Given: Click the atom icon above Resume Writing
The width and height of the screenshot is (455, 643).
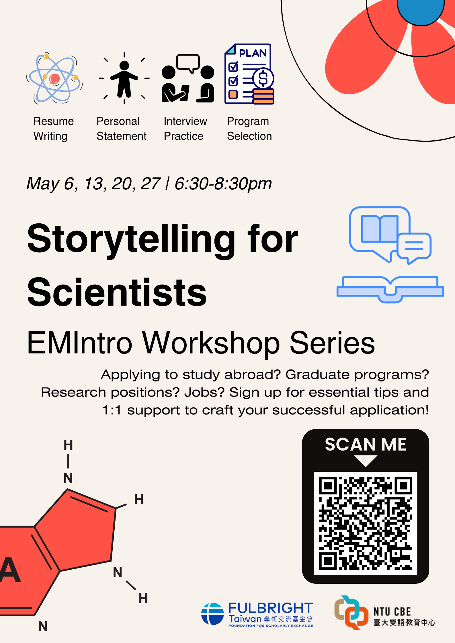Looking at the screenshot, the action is [54, 78].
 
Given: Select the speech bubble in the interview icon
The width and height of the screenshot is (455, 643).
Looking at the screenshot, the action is [188, 63].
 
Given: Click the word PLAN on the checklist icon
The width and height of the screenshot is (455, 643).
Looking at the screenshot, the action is [253, 53].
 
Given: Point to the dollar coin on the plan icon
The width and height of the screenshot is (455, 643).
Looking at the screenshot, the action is [263, 78].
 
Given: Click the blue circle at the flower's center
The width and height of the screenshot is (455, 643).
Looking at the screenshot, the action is [421, 10].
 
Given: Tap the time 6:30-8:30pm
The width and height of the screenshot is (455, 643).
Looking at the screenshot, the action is [223, 184].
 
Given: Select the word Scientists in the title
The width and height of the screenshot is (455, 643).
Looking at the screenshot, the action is [117, 292].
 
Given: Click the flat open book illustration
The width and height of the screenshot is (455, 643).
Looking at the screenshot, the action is [390, 289].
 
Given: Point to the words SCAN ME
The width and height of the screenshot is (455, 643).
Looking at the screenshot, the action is [366, 445].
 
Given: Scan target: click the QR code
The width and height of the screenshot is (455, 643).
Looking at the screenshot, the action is [366, 523].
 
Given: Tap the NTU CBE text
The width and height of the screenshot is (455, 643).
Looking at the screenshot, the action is [392, 612].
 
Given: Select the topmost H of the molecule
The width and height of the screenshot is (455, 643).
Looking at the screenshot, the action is [68, 445].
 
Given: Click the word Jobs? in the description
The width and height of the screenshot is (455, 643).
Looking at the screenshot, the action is [204, 392].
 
